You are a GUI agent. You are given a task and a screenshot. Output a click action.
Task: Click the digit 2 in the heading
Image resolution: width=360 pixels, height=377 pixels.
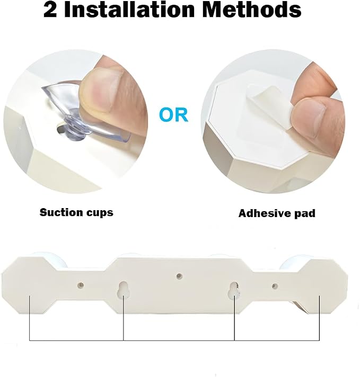(x=50, y=10)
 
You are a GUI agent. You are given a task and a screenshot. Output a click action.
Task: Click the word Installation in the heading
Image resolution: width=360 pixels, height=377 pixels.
(x=129, y=10)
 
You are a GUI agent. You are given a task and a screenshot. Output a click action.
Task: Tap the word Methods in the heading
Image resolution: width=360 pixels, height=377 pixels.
(x=252, y=10)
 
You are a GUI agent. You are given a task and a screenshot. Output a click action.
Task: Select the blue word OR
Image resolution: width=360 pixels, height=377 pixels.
(x=173, y=115)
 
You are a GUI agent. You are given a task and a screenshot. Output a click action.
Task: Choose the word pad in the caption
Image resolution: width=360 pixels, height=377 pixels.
(x=304, y=214)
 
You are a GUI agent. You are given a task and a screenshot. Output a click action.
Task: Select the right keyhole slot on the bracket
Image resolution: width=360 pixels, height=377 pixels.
(x=234, y=289)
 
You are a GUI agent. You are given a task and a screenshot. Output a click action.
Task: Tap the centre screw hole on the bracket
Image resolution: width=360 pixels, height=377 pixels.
(x=179, y=276)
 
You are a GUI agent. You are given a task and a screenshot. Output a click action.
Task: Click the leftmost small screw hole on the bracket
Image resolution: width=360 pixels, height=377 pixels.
(x=81, y=285)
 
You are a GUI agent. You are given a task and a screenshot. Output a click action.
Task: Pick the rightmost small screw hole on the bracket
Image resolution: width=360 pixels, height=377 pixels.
(x=275, y=286)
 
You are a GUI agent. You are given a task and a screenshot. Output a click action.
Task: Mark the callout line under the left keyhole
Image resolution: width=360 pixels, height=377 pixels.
(x=124, y=318)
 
